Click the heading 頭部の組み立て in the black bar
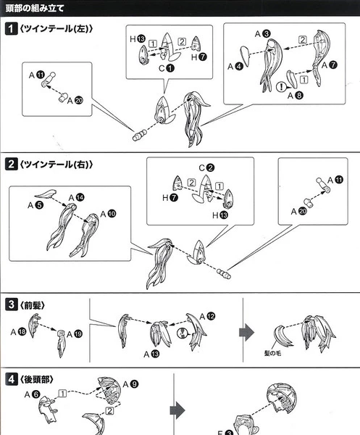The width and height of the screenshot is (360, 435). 35,8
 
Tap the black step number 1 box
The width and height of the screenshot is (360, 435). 11,28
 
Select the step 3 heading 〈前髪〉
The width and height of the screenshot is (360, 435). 32,305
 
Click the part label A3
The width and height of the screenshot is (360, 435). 263,34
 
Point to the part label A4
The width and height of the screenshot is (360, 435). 235,67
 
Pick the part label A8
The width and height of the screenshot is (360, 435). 296,96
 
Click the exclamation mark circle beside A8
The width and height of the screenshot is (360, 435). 281,87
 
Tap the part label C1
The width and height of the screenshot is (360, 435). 167,68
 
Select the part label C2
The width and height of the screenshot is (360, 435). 206,168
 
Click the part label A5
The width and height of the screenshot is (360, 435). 35,206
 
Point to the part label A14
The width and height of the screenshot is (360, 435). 77,198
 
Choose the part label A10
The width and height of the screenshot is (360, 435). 108,214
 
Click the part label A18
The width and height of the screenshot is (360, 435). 18,332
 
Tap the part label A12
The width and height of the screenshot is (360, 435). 207,317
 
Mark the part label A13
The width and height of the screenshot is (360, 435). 151,355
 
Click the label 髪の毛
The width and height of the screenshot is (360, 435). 272,353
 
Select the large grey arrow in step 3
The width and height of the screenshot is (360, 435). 247,332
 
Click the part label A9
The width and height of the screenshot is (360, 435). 130,384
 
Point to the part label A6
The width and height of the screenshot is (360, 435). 32,394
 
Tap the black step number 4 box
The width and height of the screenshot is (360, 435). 11,379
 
